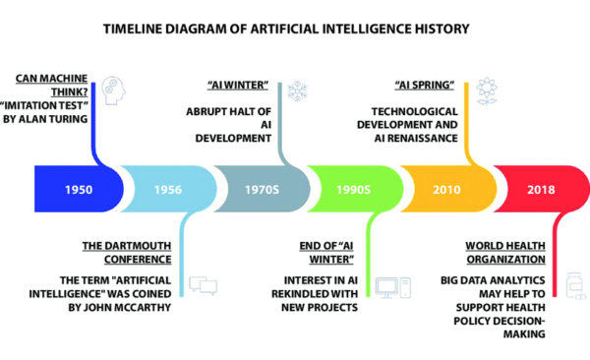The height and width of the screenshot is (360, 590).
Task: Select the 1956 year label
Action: pyautogui.click(x=167, y=188)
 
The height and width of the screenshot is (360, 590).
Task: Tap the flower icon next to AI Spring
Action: pyautogui.click(x=485, y=91)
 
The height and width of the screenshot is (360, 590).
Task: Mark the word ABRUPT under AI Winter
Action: pyautogui.click(x=207, y=110)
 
